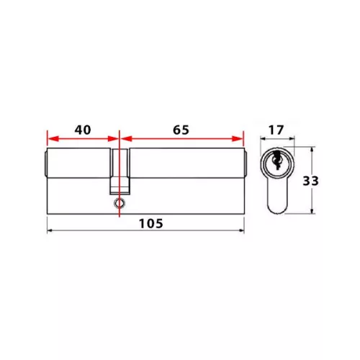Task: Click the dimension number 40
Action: tap(83, 130)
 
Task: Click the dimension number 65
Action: tap(181, 130)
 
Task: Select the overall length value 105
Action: tap(151, 224)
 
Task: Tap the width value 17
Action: tap(276, 130)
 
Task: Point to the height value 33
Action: tap(310, 181)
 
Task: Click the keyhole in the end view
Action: tap(276, 160)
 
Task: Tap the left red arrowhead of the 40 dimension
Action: tap(53, 139)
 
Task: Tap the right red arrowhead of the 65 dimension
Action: tap(238, 139)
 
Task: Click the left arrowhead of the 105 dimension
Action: tap(50, 230)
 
